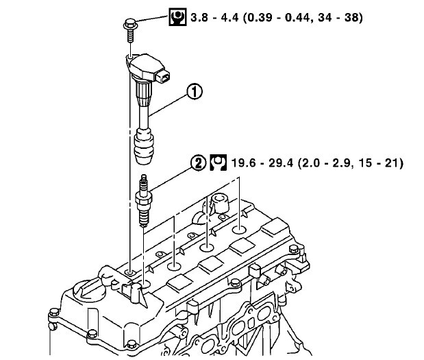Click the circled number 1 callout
click(195, 91)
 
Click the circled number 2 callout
click(199, 163)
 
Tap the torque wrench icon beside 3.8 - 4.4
click(177, 17)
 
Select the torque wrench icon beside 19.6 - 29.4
click(219, 163)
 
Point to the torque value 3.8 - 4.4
click(214, 18)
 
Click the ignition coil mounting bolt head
click(130, 24)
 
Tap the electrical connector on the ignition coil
click(163, 76)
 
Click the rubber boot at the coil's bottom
click(145, 146)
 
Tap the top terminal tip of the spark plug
click(144, 177)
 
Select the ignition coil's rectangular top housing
click(147, 68)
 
